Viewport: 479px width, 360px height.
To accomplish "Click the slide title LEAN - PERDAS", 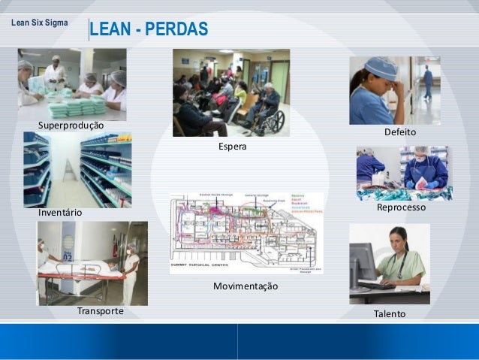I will [x=148, y=29].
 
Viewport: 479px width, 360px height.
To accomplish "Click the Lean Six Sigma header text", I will [x=38, y=23].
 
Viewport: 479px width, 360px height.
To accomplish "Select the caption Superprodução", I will [x=71, y=124].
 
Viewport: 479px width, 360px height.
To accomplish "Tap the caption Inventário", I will [x=60, y=213].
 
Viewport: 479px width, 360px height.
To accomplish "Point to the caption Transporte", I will [x=100, y=310].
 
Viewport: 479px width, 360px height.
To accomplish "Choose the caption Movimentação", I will [x=245, y=286].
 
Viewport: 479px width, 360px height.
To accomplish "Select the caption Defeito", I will [x=400, y=132].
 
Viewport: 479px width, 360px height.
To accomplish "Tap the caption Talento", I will [x=389, y=313].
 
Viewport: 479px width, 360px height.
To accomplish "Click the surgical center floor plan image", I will [x=246, y=232].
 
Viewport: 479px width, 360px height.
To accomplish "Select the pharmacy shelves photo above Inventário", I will [x=77, y=170].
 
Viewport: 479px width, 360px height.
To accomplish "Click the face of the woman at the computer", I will [x=398, y=241].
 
